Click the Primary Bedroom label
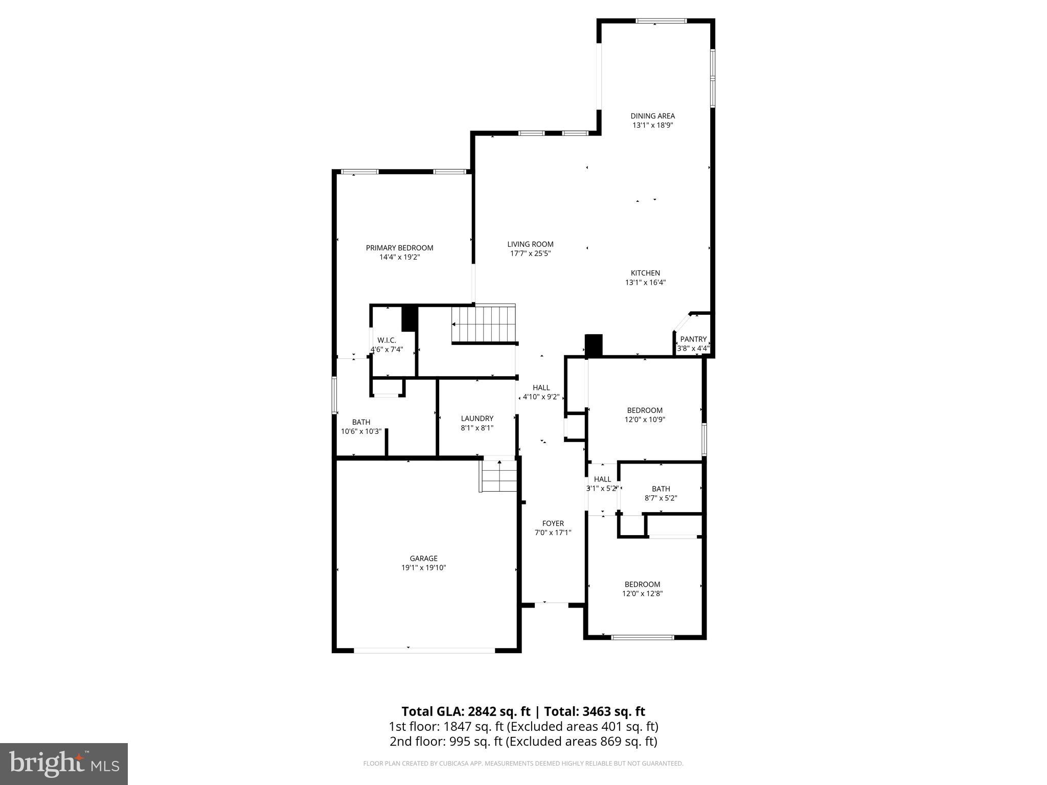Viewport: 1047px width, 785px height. [x=399, y=248]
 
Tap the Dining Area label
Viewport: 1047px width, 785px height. [x=652, y=116]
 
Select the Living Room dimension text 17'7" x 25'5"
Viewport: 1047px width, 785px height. [x=530, y=253]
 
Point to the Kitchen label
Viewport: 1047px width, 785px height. [x=645, y=273]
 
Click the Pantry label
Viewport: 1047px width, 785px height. [x=693, y=339]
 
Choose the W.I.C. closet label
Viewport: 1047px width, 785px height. [x=386, y=340]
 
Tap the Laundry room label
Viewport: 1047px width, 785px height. [x=477, y=419]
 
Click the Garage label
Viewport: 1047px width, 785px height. [x=423, y=559]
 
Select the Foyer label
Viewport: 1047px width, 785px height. [x=553, y=523]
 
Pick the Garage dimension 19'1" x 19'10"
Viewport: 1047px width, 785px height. [x=423, y=568]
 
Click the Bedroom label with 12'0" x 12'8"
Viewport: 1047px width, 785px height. [x=642, y=584]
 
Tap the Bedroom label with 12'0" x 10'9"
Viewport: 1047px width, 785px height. [x=645, y=410]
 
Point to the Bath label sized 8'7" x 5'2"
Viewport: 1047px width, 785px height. [x=661, y=489]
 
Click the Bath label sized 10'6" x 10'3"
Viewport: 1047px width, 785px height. [x=361, y=422]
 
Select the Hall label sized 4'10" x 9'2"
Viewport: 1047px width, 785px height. [x=541, y=388]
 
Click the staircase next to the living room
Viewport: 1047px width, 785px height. [x=484, y=324]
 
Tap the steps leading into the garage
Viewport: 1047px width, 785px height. [x=498, y=476]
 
